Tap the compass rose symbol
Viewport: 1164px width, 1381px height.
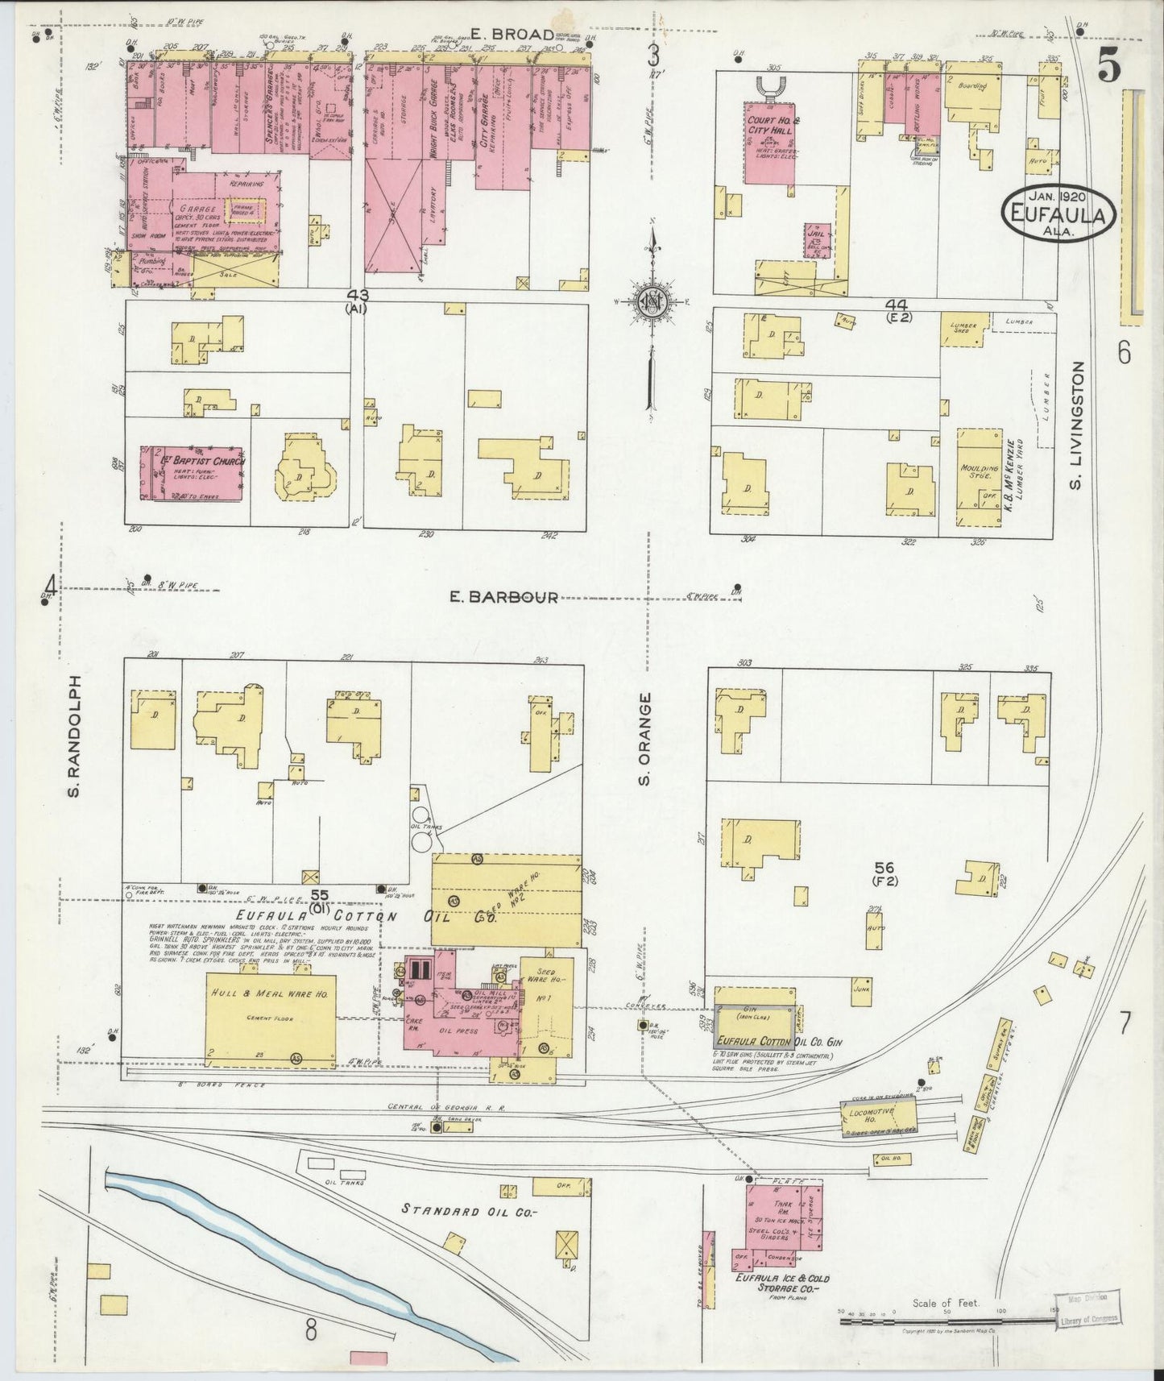(x=650, y=301)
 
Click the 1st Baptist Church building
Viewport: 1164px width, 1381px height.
(x=191, y=474)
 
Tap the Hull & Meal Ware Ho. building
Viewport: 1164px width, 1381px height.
(x=271, y=1017)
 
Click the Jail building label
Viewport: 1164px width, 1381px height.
(x=818, y=238)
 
